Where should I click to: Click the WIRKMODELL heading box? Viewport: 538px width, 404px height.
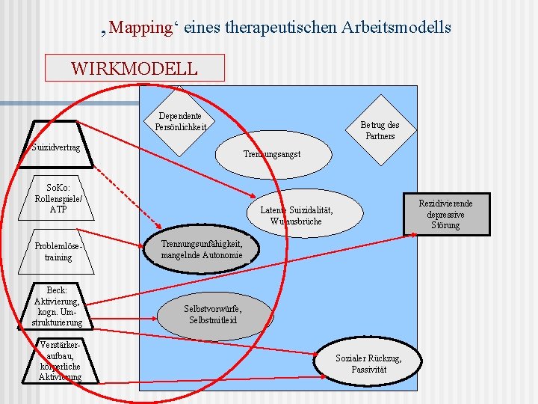[x=134, y=68]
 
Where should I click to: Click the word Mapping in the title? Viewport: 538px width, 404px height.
[x=140, y=28]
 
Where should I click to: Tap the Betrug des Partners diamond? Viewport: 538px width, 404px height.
[x=380, y=130]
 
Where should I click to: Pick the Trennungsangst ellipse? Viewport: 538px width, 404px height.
[x=271, y=154]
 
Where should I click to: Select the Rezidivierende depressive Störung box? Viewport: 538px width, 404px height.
[x=445, y=214]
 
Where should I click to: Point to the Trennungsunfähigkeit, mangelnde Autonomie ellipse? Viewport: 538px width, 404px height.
[x=202, y=249]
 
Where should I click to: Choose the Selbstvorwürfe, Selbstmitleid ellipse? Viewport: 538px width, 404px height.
[x=213, y=313]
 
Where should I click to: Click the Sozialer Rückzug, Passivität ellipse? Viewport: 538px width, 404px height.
[x=368, y=364]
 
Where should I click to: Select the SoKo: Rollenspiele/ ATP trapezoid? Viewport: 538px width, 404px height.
[x=58, y=198]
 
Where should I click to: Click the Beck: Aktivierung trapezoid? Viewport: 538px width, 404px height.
[x=58, y=306]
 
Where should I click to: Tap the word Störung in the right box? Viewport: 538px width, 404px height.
[x=445, y=225]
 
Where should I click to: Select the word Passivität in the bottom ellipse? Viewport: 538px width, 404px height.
[x=368, y=370]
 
